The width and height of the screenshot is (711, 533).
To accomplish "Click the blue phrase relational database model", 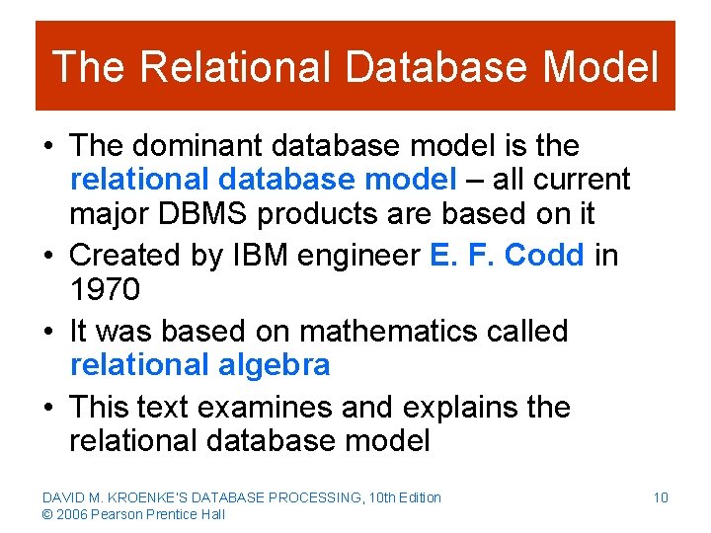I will coord(263,181).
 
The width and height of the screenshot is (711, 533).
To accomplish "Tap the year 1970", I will coord(105,290).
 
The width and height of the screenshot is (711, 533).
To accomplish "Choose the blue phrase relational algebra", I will coord(199,365).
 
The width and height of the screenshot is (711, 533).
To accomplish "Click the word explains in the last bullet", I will coord(463,407).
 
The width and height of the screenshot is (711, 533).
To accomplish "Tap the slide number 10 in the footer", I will coord(660,497).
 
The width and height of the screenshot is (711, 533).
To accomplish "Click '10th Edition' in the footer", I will coord(402,497).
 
